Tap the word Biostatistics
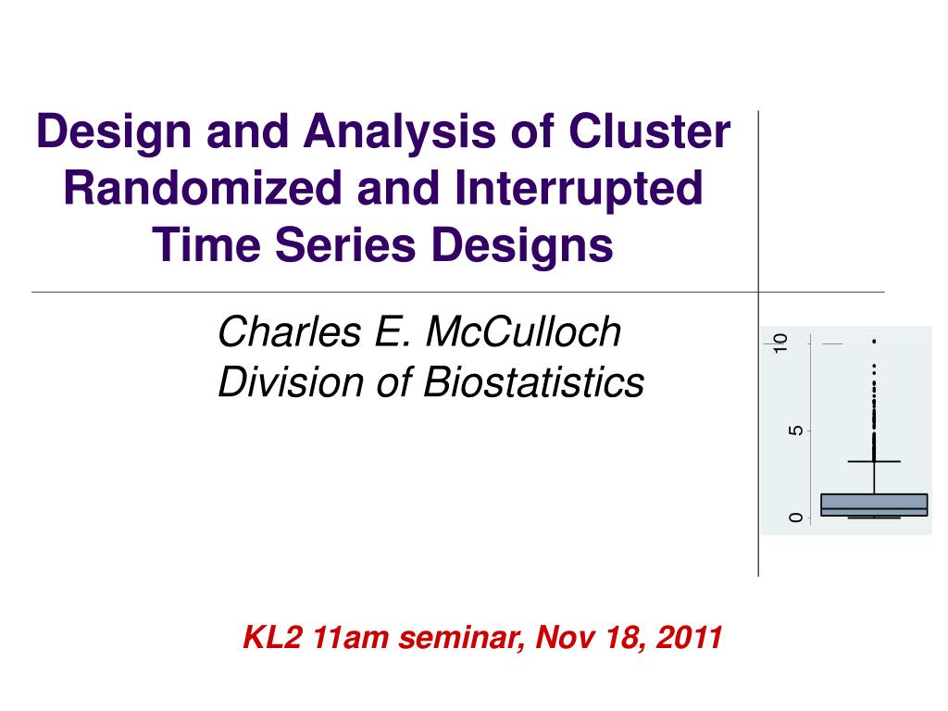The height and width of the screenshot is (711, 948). [x=533, y=381]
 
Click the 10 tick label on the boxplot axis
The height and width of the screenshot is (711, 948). [x=782, y=343]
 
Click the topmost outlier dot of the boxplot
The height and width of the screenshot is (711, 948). [x=874, y=342]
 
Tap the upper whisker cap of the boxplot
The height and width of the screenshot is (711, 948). [x=874, y=461]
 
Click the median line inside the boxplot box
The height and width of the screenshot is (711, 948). [x=874, y=509]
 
